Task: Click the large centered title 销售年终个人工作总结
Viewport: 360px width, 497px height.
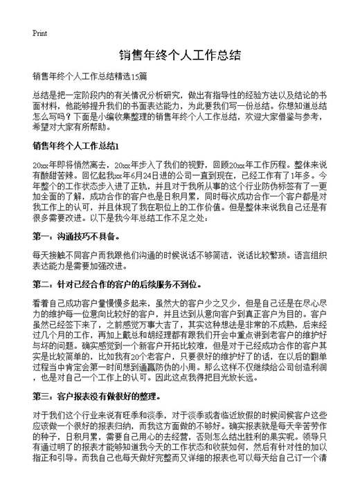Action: point(179,55)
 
